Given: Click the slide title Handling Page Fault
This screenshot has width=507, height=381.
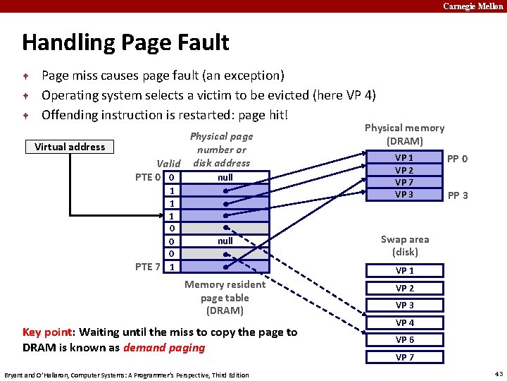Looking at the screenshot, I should [125, 42].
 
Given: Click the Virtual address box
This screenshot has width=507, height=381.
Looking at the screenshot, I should [70, 147].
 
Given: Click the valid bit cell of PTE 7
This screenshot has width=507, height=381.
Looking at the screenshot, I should [173, 267].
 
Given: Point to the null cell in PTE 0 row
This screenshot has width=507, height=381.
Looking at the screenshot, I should [225, 177].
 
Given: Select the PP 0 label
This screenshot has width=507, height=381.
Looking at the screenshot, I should [457, 159].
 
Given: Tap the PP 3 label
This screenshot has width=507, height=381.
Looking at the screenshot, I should [457, 195].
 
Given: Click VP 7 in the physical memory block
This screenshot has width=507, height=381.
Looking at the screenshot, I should [404, 183].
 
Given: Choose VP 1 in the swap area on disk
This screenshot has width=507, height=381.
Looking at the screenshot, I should [404, 271].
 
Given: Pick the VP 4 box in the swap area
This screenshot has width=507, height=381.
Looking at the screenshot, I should [404, 322].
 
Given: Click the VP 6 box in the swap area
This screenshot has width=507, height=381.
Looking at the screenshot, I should [404, 339].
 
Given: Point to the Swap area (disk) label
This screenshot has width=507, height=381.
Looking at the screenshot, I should [404, 246].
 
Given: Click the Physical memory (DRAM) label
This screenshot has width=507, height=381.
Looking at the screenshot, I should [404, 134].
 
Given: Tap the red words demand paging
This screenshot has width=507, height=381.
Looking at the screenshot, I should [164, 347].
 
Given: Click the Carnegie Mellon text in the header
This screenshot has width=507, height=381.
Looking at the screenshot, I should [472, 6].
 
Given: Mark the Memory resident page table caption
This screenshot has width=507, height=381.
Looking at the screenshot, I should [225, 297].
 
